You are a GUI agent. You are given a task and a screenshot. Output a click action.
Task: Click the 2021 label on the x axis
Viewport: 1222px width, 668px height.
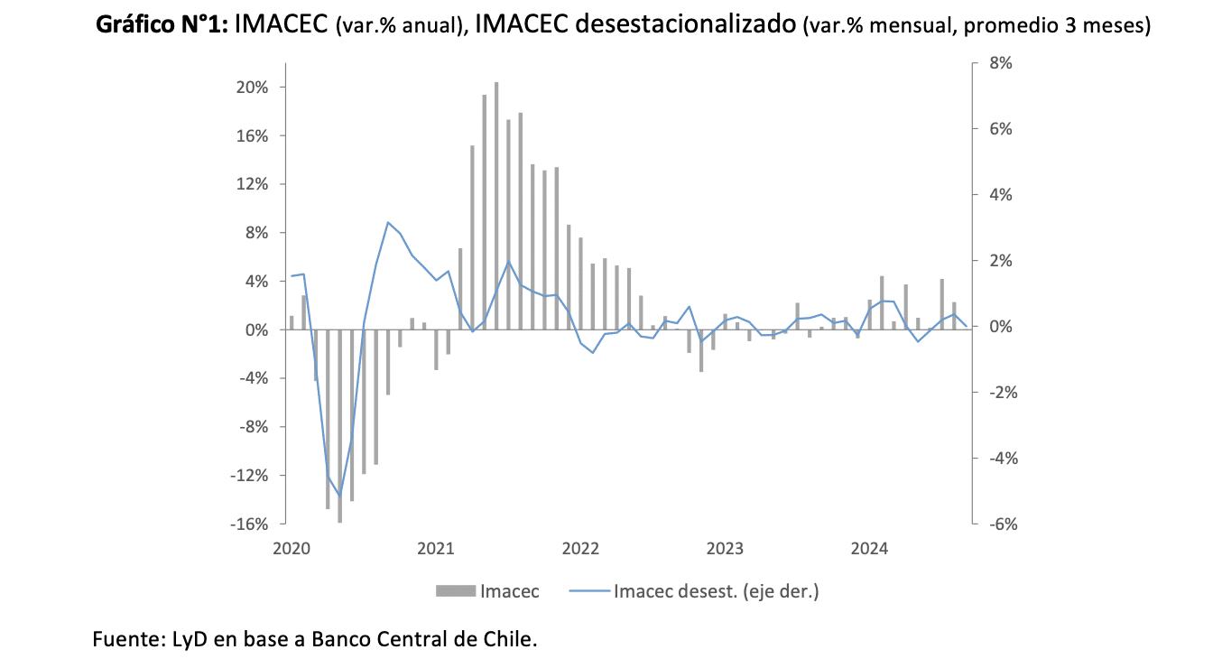coord(436,548)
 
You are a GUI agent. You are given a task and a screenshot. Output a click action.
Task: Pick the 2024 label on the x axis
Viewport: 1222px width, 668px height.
coord(869,548)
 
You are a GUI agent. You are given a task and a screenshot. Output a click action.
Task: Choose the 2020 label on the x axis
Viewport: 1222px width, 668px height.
coord(291,548)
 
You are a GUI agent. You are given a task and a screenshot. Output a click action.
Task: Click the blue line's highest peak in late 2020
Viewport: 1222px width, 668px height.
coord(388,222)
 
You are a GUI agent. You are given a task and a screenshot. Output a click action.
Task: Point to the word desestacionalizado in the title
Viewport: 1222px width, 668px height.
coord(685,25)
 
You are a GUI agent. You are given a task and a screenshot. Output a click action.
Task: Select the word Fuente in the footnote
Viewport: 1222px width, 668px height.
coord(125,640)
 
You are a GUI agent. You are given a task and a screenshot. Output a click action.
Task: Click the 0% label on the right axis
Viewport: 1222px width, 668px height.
coord(1000,327)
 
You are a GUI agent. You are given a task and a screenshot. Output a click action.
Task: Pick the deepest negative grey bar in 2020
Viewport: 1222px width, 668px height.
coord(340,426)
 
